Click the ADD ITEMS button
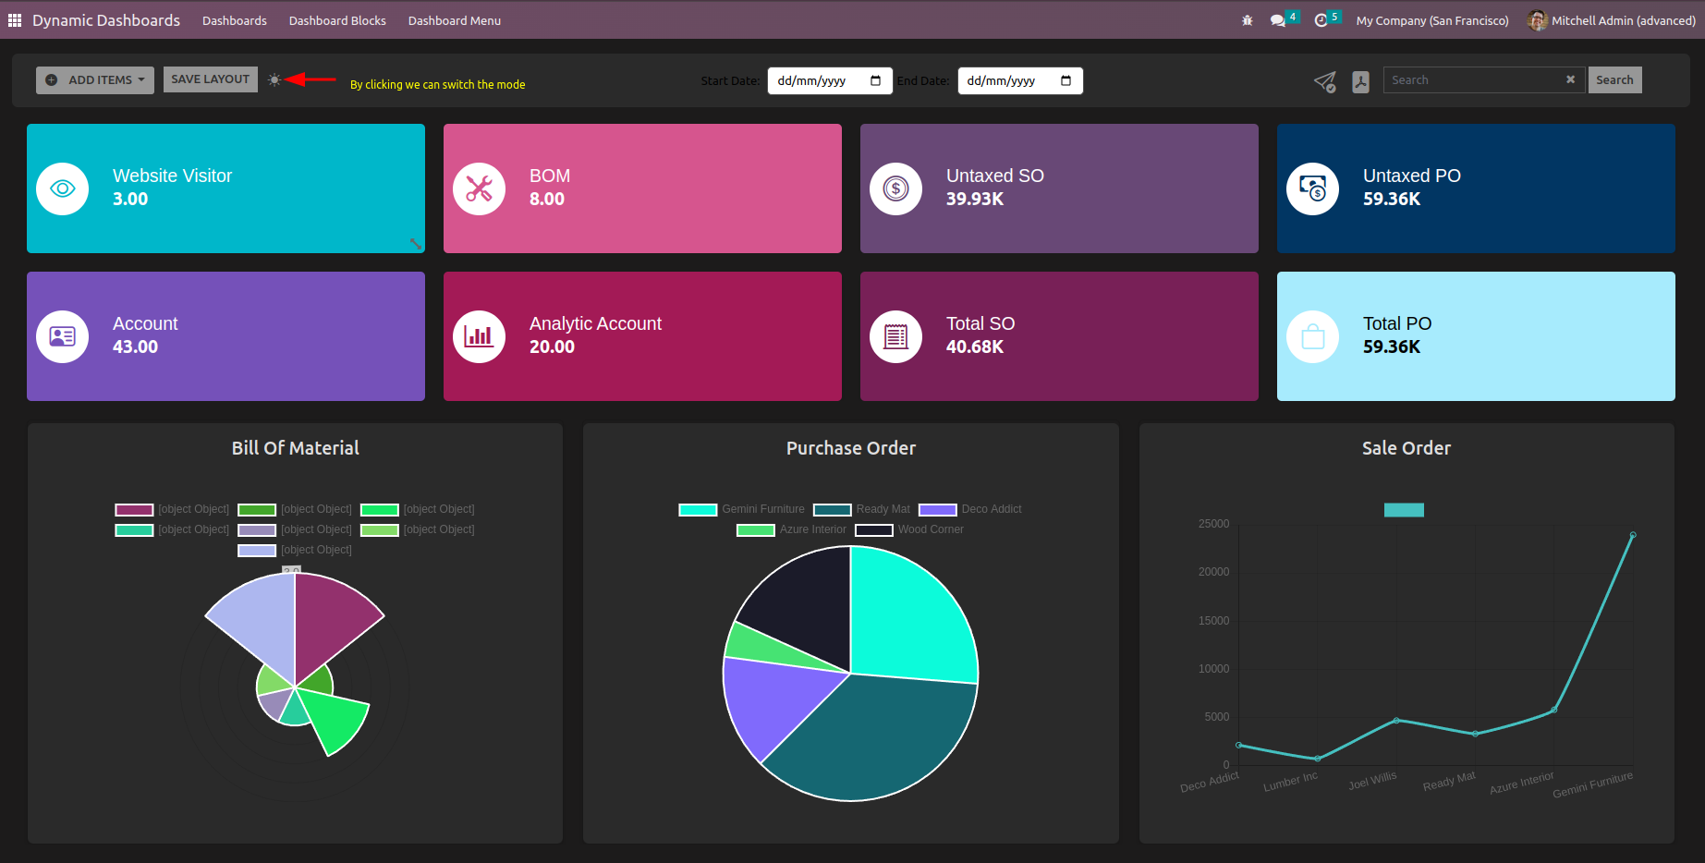(x=95, y=80)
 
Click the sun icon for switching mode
(x=274, y=80)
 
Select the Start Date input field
(x=829, y=81)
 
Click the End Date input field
(x=1019, y=81)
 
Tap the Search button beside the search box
(x=1614, y=80)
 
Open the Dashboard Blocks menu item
(x=337, y=20)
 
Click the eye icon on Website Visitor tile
(x=63, y=188)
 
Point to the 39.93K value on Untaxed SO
(x=974, y=199)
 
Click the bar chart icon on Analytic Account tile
(x=479, y=336)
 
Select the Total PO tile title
(x=1396, y=323)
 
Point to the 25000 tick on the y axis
(x=1213, y=524)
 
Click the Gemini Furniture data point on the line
(x=1633, y=535)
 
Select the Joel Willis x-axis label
(x=1372, y=781)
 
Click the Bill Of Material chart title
(x=295, y=448)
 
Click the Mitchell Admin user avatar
(x=1537, y=20)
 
